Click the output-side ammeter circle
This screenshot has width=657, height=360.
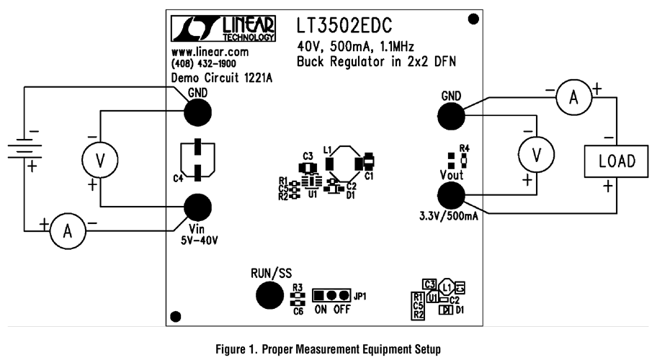coord(573,99)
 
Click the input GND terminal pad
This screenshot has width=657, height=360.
coord(197,112)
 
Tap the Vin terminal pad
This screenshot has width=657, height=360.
coord(197,207)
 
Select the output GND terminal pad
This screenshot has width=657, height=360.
coord(451,114)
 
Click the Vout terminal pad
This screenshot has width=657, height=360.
coord(451,196)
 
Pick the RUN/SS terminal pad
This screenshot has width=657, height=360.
coord(269,294)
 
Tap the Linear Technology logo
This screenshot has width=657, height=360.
coord(223,29)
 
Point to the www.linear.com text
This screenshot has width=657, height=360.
coord(210,53)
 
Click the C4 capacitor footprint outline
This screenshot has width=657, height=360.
coord(197,158)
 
